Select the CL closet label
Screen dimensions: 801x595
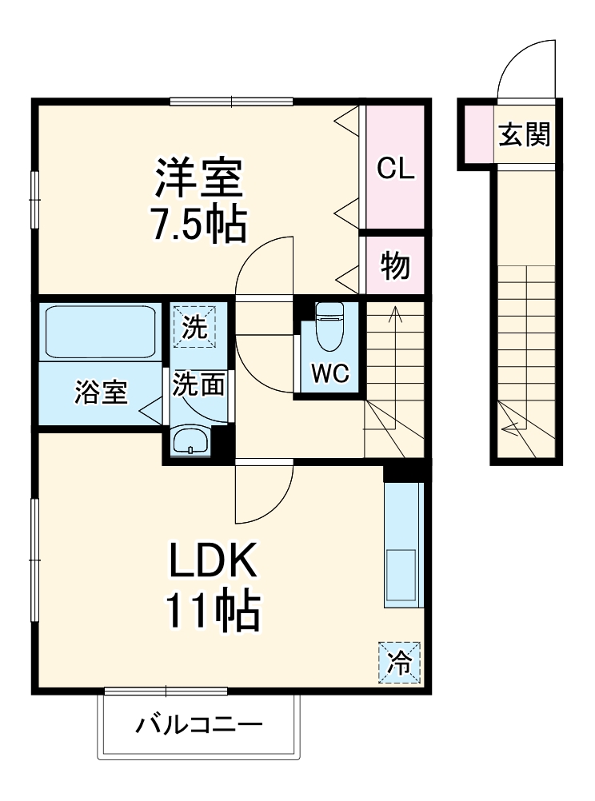pyautogui.click(x=395, y=169)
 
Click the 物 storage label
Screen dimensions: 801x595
pyautogui.click(x=395, y=266)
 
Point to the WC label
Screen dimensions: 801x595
pyautogui.click(x=330, y=374)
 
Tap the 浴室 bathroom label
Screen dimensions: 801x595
pyautogui.click(x=102, y=393)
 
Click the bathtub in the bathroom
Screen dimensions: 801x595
pyautogui.click(x=100, y=332)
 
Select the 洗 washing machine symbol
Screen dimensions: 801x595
pyautogui.click(x=194, y=328)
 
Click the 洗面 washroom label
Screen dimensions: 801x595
pyautogui.click(x=198, y=384)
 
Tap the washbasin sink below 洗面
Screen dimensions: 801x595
pyautogui.click(x=190, y=440)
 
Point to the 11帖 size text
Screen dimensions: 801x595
pyautogui.click(x=212, y=613)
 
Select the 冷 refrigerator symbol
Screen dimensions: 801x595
pyautogui.click(x=397, y=661)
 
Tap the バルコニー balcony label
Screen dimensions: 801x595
pyautogui.click(x=198, y=726)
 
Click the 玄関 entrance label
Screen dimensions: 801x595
pyautogui.click(x=525, y=135)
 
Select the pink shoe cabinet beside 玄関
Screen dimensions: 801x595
pyautogui.click(x=478, y=133)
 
